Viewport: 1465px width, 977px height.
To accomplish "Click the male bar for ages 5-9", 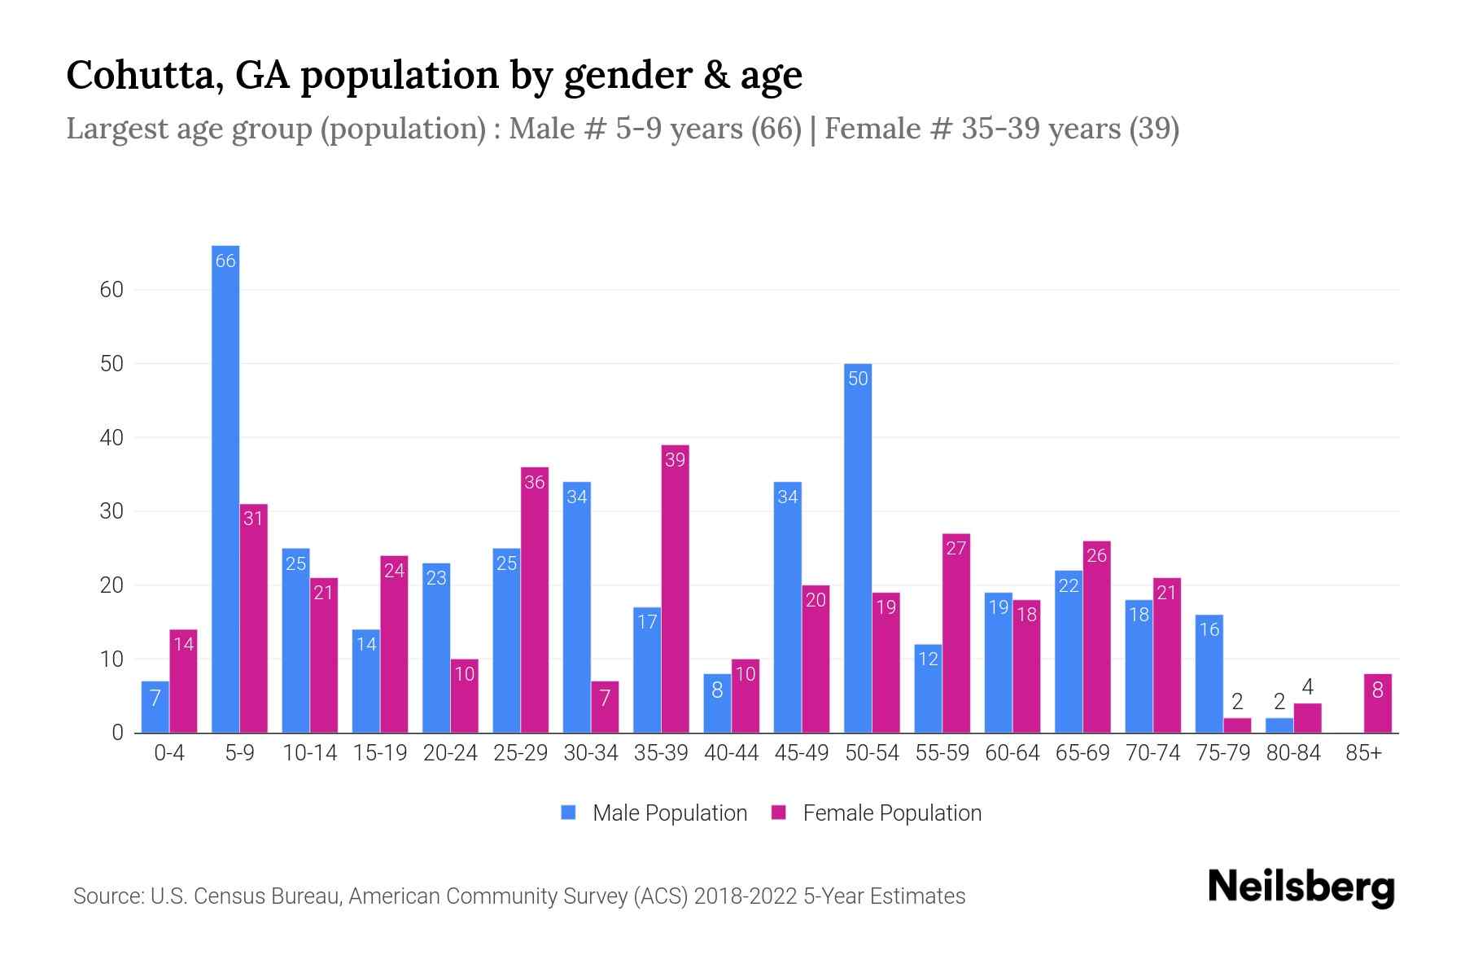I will tap(225, 488).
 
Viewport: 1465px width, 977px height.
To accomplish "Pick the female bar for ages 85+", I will tap(1377, 703).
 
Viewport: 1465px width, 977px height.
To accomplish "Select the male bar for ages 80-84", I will tap(1279, 725).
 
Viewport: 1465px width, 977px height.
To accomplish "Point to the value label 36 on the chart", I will tap(534, 482).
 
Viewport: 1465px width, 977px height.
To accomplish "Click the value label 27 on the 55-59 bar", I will tap(956, 548).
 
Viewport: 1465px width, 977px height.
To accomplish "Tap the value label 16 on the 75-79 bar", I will tap(1209, 629).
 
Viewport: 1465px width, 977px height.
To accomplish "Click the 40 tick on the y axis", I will tap(112, 438).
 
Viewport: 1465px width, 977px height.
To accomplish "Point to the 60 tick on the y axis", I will tap(112, 290).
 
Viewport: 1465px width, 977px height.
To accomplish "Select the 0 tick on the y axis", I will tap(117, 733).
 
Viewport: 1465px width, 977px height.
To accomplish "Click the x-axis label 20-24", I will tap(450, 753).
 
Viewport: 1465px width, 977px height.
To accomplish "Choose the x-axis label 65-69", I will tap(1082, 753).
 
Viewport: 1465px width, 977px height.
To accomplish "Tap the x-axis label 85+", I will tap(1363, 753).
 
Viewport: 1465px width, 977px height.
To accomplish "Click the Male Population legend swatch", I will tap(569, 813).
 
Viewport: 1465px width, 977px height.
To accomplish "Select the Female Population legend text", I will tap(891, 813).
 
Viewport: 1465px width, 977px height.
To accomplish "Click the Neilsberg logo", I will tap(1301, 887).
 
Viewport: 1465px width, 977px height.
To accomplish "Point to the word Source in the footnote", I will tap(107, 896).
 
